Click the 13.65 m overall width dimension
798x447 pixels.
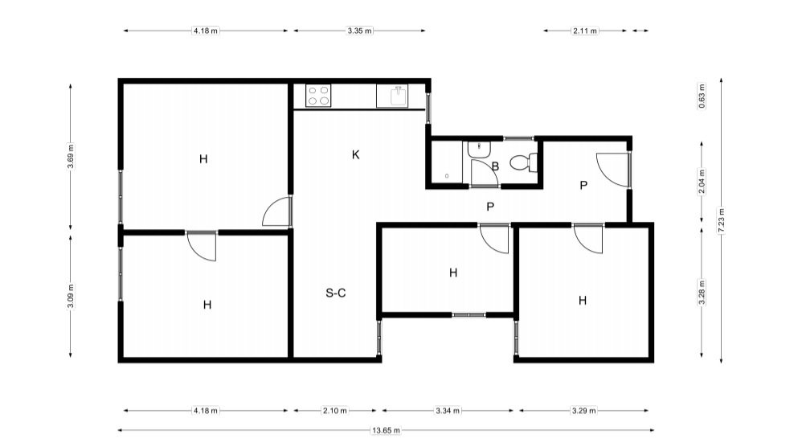click(x=386, y=431)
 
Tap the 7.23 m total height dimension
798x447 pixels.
click(x=721, y=220)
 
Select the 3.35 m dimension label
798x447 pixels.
click(x=360, y=31)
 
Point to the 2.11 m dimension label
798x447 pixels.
click(x=585, y=31)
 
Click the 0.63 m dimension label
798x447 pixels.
click(x=702, y=96)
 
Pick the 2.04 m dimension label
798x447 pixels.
click(x=702, y=182)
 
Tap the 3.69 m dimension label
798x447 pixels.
click(x=71, y=156)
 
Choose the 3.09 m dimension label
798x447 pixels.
click(x=71, y=296)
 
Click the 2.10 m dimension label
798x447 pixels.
click(x=335, y=410)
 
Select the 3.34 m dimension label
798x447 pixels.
click(x=448, y=410)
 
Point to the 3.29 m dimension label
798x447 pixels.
click(x=583, y=410)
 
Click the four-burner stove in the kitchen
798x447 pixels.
click(x=318, y=96)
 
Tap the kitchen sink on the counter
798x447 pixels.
click(x=392, y=96)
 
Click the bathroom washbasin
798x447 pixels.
click(x=478, y=150)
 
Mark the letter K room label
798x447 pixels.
click(x=356, y=155)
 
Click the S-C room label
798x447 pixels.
click(x=336, y=293)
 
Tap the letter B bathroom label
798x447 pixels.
click(x=495, y=166)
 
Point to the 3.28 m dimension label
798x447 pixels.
click(x=702, y=292)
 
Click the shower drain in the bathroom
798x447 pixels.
click(x=447, y=176)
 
